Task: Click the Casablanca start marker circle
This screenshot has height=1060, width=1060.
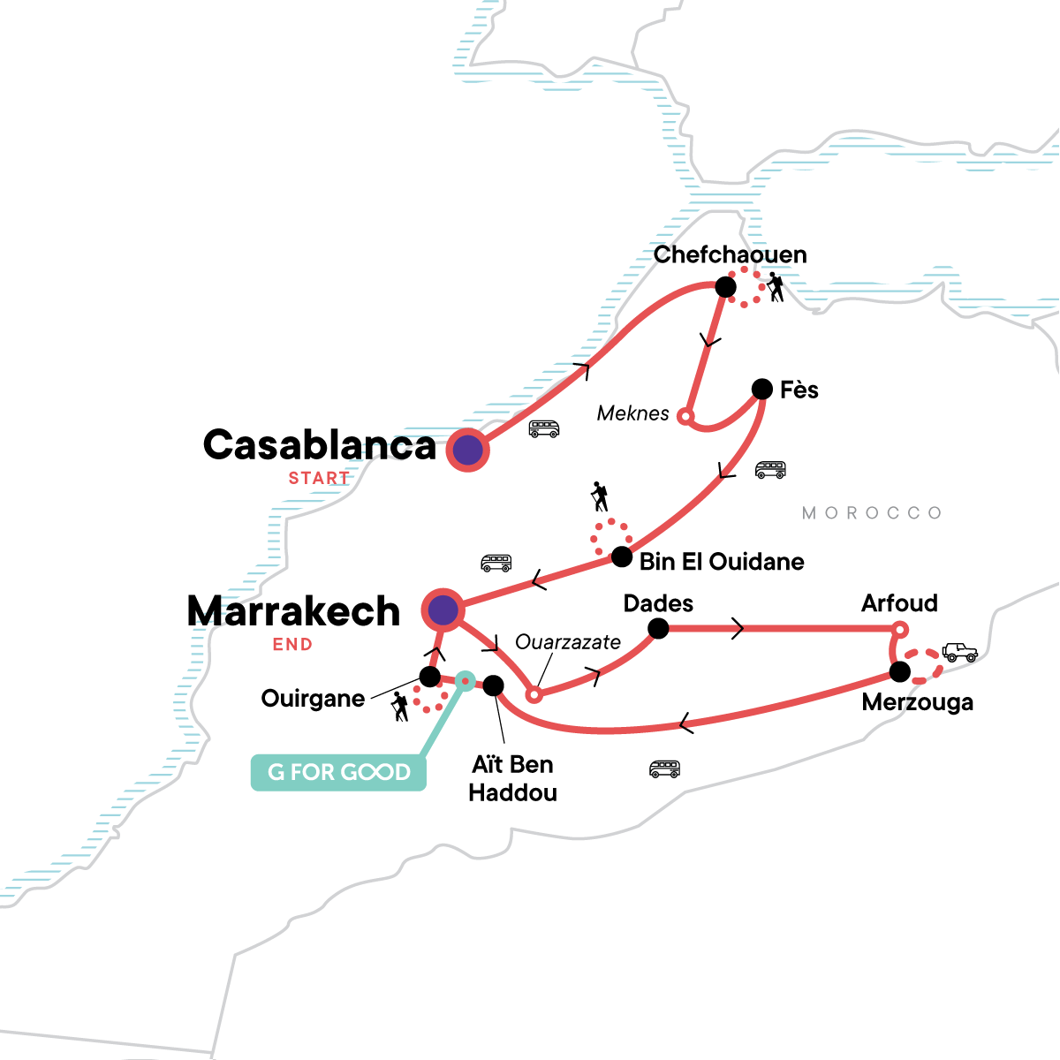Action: click(x=467, y=450)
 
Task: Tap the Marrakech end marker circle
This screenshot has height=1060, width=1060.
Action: click(x=443, y=609)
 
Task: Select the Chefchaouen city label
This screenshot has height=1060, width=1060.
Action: click(x=730, y=255)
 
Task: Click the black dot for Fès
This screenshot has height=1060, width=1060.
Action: click(x=761, y=389)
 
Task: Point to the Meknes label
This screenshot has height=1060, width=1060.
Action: click(x=632, y=413)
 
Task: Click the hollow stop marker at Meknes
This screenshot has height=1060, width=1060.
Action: click(x=685, y=415)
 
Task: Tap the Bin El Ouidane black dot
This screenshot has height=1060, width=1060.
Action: click(x=622, y=556)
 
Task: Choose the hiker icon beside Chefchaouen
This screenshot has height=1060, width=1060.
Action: click(x=776, y=287)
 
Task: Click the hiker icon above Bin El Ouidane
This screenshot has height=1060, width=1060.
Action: click(x=601, y=497)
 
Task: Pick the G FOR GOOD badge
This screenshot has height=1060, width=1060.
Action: click(x=339, y=772)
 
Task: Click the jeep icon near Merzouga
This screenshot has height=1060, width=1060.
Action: click(x=959, y=653)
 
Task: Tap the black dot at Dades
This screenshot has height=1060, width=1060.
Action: click(x=658, y=628)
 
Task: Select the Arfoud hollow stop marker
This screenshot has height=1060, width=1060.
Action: click(x=898, y=629)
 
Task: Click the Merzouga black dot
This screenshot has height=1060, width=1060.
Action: click(x=899, y=672)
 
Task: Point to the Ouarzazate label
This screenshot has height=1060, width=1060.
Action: click(x=568, y=642)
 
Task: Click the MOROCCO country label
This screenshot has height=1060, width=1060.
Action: click(x=872, y=513)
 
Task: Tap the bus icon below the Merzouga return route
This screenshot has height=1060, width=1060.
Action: click(x=664, y=769)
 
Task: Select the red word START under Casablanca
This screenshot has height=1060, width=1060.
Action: click(x=319, y=478)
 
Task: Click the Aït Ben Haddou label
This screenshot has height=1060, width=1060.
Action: click(x=512, y=778)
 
